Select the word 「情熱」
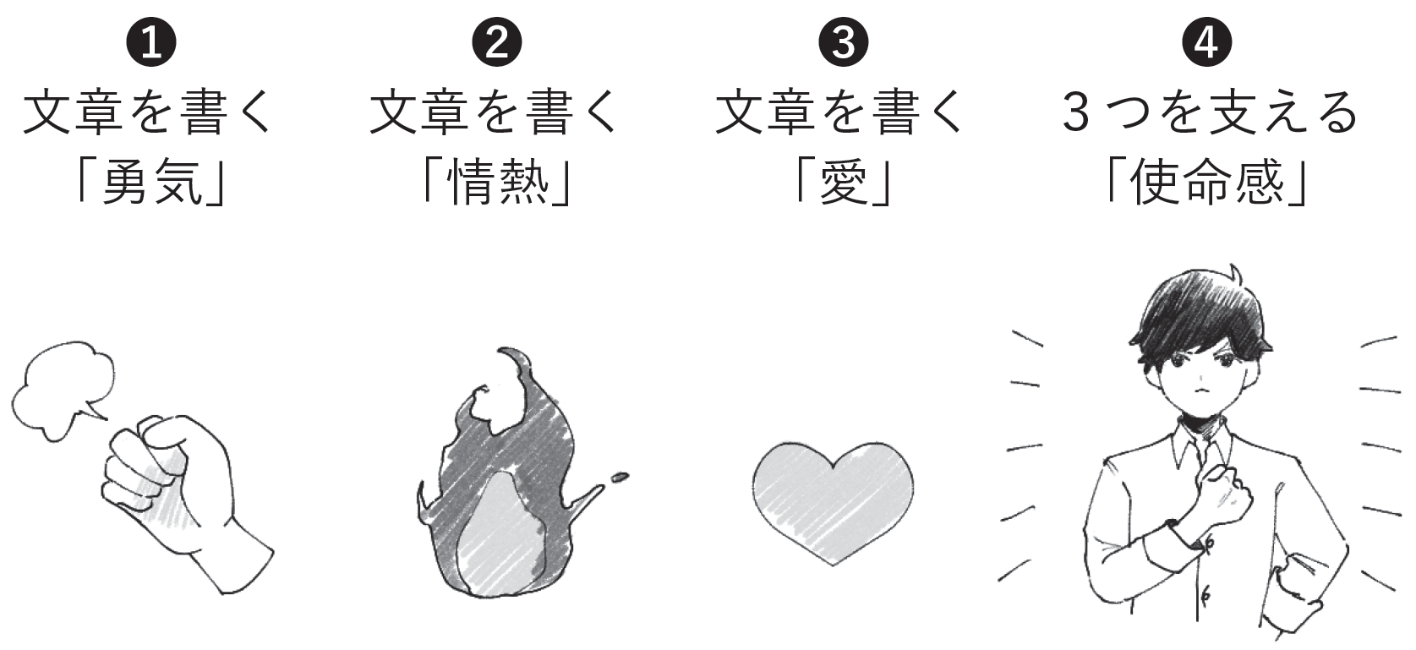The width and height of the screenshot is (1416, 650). (497, 182)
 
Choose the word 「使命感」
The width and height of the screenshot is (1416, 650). (1207, 182)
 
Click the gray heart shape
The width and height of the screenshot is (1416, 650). (832, 499)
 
